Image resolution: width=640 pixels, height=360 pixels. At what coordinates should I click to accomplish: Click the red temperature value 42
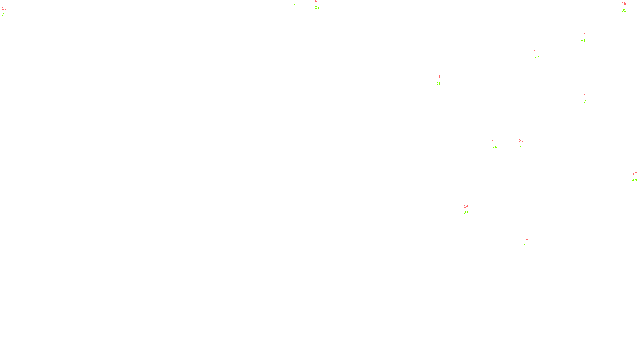[317, 1]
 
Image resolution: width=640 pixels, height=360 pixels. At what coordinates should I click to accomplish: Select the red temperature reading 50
[586, 95]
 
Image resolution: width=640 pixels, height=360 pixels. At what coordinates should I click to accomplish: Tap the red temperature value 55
[521, 140]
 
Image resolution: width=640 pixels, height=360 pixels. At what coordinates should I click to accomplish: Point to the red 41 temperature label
[537, 51]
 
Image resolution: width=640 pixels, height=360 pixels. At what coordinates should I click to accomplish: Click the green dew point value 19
[293, 5]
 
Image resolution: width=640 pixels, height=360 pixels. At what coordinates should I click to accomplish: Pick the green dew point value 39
[624, 10]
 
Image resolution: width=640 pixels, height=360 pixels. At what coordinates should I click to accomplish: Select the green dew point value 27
[537, 57]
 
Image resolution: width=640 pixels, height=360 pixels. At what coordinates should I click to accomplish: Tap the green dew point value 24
[438, 84]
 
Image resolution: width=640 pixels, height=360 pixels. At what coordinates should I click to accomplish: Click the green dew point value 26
[495, 147]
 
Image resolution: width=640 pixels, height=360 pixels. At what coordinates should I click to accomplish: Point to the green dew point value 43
[634, 180]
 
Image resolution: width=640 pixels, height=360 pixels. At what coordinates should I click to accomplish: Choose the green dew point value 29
[466, 213]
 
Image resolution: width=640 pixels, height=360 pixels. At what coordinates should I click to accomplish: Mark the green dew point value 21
[526, 246]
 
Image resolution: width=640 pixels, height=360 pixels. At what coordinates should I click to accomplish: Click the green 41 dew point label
[583, 40]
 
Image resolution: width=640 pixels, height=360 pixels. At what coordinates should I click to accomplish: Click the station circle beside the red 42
[321, 5]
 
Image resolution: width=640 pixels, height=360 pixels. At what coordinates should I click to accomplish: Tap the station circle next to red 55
[525, 144]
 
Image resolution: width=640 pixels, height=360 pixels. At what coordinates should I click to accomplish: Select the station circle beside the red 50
[590, 98]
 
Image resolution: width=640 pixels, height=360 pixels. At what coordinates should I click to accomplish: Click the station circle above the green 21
[530, 242]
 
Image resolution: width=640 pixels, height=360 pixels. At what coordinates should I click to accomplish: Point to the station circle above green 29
[470, 210]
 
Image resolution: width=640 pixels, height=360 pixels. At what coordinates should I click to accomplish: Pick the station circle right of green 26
[499, 144]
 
